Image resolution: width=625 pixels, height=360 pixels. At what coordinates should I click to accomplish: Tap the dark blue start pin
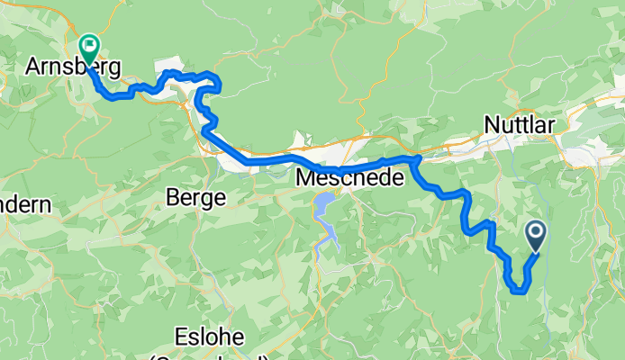(535, 236)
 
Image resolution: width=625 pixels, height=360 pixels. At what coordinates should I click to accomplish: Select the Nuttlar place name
(519, 123)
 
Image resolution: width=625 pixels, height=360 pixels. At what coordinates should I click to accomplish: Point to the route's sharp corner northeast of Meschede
(415, 159)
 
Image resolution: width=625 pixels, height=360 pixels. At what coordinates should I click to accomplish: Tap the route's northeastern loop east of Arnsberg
(214, 83)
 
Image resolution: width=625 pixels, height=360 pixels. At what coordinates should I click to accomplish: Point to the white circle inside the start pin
(535, 232)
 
